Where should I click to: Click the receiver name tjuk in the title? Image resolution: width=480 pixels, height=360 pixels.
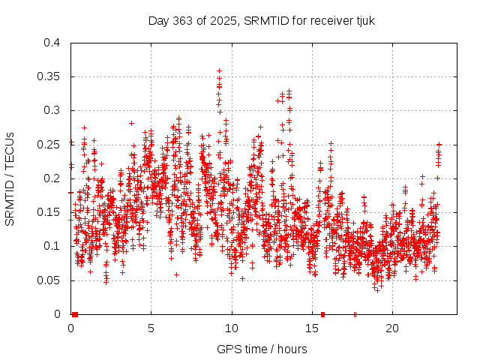[363, 20]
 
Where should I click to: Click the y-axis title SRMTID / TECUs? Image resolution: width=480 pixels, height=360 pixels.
[10, 178]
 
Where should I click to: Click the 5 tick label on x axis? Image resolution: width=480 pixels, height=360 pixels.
[151, 328]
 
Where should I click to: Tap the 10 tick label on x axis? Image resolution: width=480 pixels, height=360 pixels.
[232, 328]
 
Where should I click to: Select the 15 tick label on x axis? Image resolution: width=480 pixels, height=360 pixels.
[312, 328]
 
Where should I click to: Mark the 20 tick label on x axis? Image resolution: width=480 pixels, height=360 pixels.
[392, 328]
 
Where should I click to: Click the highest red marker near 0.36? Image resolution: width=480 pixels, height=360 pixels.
[219, 70]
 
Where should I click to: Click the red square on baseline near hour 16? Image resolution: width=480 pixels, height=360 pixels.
[322, 314]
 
